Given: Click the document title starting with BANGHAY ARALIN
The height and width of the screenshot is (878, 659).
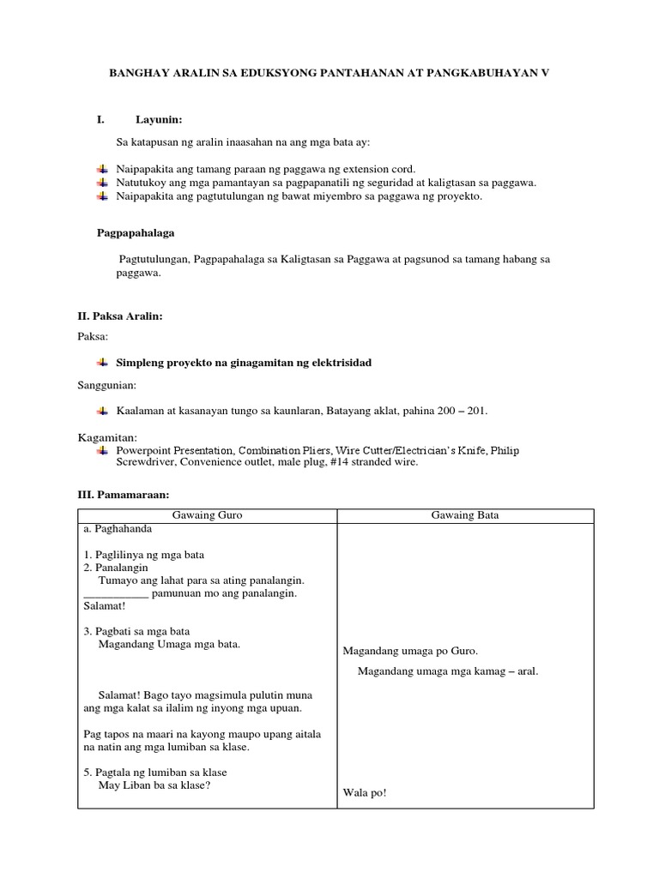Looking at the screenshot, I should (328, 75).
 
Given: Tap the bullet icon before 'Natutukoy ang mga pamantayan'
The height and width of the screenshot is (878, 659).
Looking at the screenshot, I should (102, 183).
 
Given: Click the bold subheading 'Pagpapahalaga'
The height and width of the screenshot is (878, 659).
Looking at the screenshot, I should (139, 232).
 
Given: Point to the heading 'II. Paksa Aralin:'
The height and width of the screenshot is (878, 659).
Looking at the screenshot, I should (120, 316).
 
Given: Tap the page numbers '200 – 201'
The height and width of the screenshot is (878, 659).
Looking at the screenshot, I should (460, 412).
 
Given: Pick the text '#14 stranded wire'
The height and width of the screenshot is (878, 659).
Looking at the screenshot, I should (377, 462).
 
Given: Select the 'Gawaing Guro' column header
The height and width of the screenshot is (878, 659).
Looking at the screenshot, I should (207, 515).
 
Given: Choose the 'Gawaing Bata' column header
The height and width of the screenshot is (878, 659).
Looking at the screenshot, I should (463, 515).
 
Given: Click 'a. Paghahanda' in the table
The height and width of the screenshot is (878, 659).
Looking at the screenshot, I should (118, 529).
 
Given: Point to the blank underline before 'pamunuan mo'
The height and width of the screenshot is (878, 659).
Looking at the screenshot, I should (116, 593).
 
